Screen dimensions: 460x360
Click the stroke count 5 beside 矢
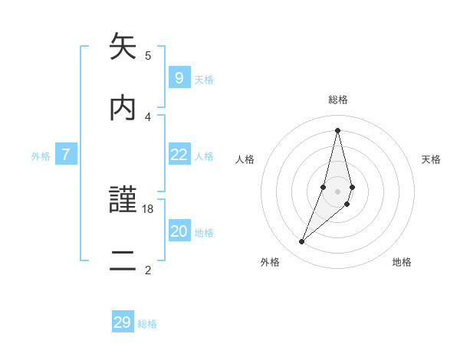(148, 55)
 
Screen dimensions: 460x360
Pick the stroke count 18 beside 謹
(148, 208)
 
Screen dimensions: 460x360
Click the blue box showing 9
(179, 77)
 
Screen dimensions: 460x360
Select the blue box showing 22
(179, 155)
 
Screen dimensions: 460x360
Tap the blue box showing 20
(179, 231)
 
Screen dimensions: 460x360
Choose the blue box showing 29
(123, 322)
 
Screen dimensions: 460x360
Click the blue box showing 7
(66, 155)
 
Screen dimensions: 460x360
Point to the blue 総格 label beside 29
(147, 324)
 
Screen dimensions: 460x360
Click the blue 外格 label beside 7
(41, 156)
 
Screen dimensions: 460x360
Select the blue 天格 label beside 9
(204, 79)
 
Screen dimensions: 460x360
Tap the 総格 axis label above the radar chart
(338, 100)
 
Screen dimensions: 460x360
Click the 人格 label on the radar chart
(245, 159)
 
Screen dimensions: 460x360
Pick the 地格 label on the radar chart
(402, 262)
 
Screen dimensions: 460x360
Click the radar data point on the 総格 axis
(337, 129)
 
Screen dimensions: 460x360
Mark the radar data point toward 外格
(302, 242)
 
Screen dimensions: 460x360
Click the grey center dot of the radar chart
(337, 191)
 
